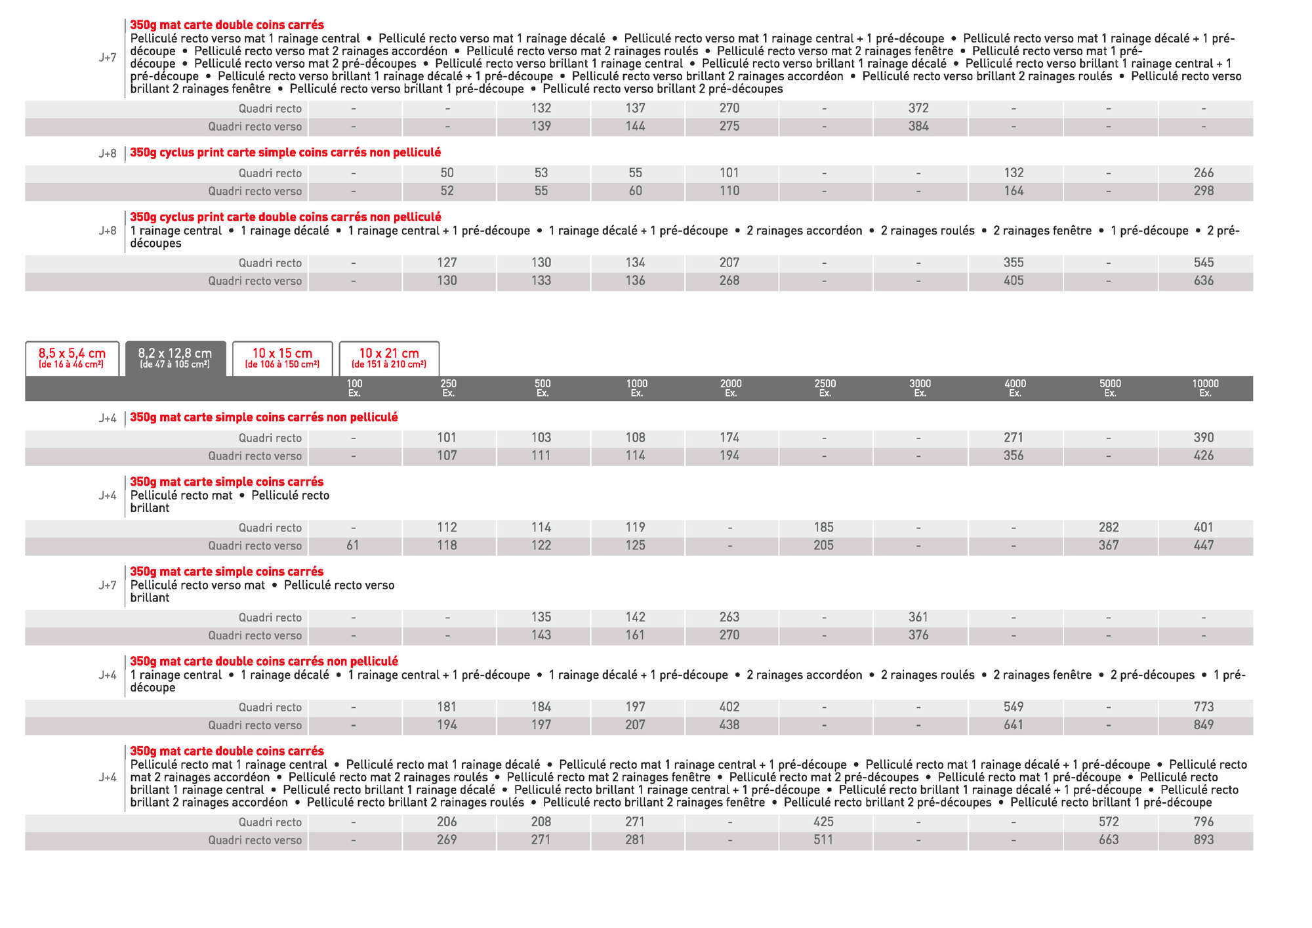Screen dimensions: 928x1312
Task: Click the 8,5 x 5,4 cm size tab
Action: click(x=72, y=358)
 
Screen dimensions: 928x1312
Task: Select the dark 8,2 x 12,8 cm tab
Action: click(x=175, y=358)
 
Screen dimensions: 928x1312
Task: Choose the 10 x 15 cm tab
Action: click(x=282, y=358)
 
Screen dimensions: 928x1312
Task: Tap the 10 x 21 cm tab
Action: click(x=389, y=358)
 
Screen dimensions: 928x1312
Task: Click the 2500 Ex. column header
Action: click(x=825, y=388)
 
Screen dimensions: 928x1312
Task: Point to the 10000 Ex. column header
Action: click(x=1205, y=388)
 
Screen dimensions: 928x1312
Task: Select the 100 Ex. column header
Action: click(x=354, y=388)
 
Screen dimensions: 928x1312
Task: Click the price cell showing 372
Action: click(x=918, y=108)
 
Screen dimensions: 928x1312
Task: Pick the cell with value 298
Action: click(x=1204, y=191)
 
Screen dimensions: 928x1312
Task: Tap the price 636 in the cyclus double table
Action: click(x=1204, y=281)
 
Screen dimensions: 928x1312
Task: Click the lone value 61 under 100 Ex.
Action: click(x=353, y=545)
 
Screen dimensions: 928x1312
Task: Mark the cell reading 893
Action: click(x=1204, y=840)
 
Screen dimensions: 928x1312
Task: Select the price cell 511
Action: click(x=823, y=840)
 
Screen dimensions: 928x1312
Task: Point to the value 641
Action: click(x=1014, y=725)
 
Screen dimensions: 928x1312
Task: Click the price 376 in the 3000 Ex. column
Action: click(x=918, y=635)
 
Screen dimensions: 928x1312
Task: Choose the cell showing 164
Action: click(x=1014, y=191)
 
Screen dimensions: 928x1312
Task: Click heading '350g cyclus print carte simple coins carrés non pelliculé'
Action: click(x=285, y=153)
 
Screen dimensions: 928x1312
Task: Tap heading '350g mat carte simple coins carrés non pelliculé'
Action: click(x=264, y=417)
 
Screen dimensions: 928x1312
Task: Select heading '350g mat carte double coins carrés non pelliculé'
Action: click(x=264, y=662)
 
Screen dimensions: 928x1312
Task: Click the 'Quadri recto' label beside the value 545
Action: click(x=270, y=263)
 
